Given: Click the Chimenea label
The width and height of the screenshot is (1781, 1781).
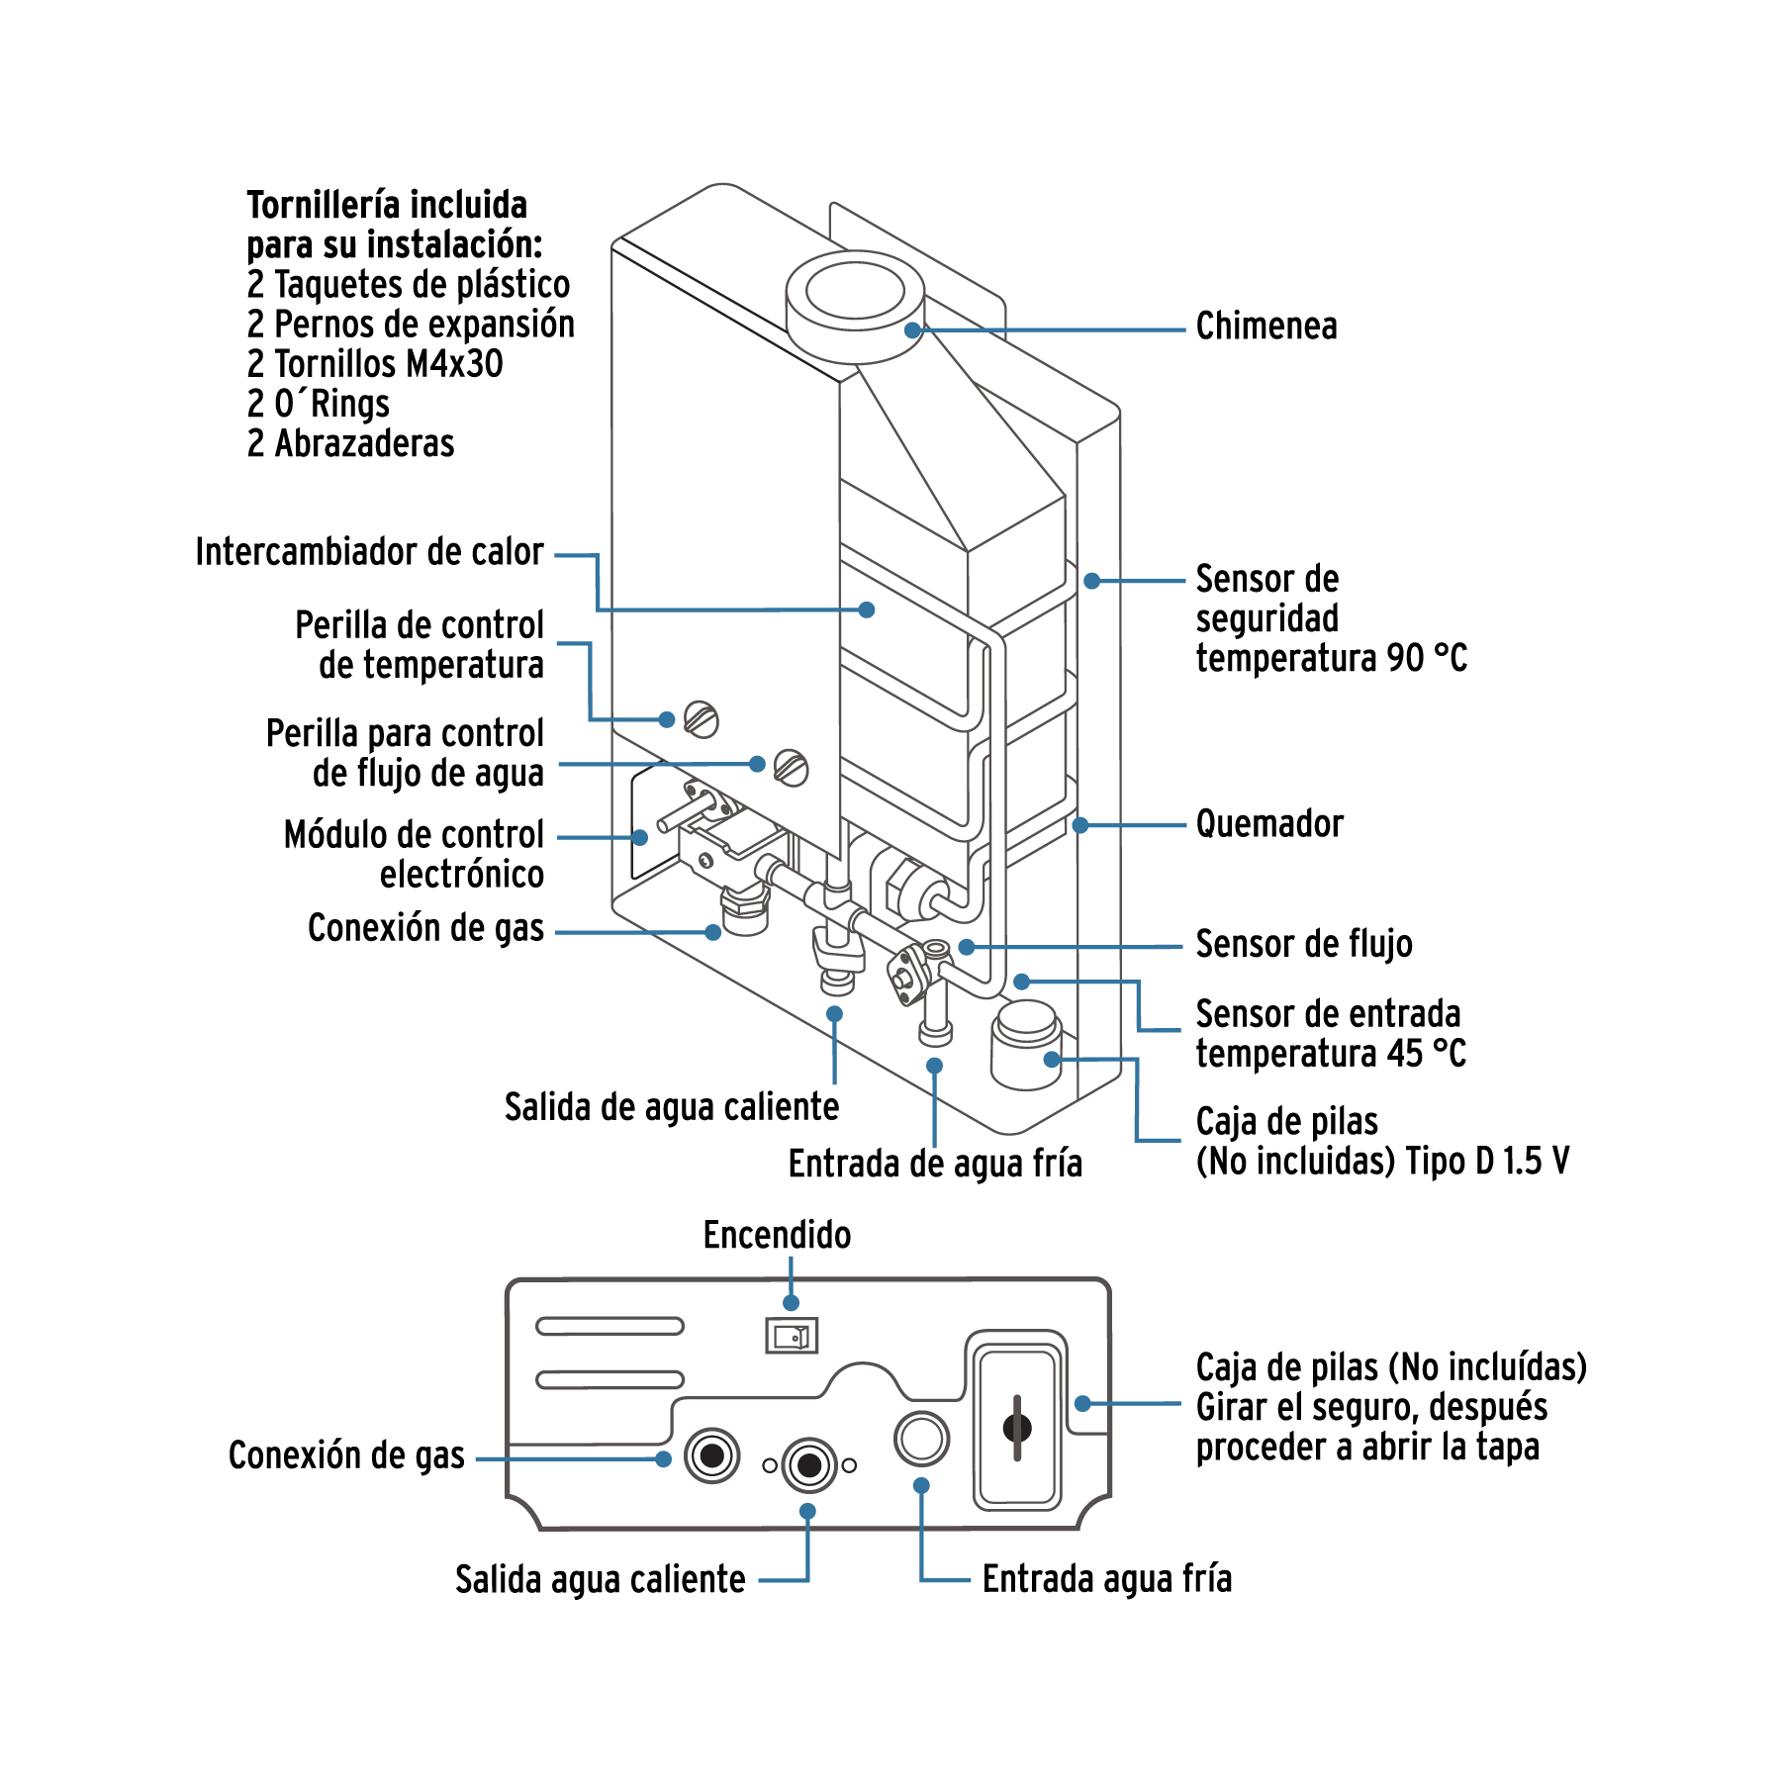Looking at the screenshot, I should (x=1265, y=326).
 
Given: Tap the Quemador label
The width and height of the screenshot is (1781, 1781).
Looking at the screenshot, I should (x=1269, y=823).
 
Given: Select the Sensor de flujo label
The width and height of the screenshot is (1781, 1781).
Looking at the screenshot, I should (x=1303, y=944).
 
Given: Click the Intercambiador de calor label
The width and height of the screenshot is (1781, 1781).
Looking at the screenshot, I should (x=369, y=552).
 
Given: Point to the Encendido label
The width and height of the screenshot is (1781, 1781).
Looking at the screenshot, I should (x=777, y=1235).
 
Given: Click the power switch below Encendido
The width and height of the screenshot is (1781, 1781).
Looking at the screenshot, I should (x=792, y=1337).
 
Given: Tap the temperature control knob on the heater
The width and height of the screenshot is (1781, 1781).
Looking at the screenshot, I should (x=702, y=719).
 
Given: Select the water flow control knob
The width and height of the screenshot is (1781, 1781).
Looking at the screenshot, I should (x=792, y=768).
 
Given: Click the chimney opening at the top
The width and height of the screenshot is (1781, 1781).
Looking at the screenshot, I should (x=855, y=292).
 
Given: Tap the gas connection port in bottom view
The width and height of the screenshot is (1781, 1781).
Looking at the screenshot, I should (x=711, y=1455).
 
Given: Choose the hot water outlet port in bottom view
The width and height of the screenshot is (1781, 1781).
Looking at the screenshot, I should (x=809, y=1464).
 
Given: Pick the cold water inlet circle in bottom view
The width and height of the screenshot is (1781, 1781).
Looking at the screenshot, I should (x=921, y=1439).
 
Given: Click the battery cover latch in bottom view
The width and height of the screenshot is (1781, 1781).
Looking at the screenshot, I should (x=1017, y=1428).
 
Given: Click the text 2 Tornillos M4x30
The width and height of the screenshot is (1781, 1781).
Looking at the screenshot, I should (x=375, y=364).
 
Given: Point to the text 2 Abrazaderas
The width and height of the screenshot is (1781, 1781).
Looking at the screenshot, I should (x=350, y=443).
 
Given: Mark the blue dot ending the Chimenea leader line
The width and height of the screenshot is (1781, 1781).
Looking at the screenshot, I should (x=912, y=330).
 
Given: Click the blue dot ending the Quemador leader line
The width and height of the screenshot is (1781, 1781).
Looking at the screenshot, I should (x=1081, y=824).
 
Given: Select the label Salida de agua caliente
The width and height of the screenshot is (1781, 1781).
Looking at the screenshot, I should (x=671, y=1107).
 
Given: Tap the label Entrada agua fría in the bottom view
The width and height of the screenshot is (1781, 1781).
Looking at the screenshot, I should (x=1106, y=1579).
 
